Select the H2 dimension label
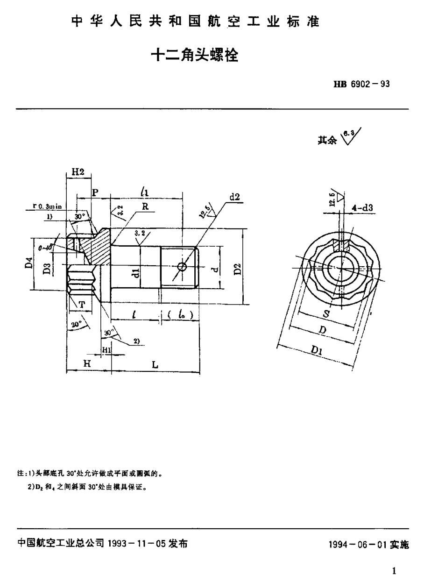coord(78,173)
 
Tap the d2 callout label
coord(234,197)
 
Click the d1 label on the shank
coord(135,272)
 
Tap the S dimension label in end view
coord(325,314)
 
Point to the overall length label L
coord(155,365)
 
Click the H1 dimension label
coord(106,348)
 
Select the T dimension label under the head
coord(82,305)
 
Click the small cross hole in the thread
coord(183,267)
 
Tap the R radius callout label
coord(145,206)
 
